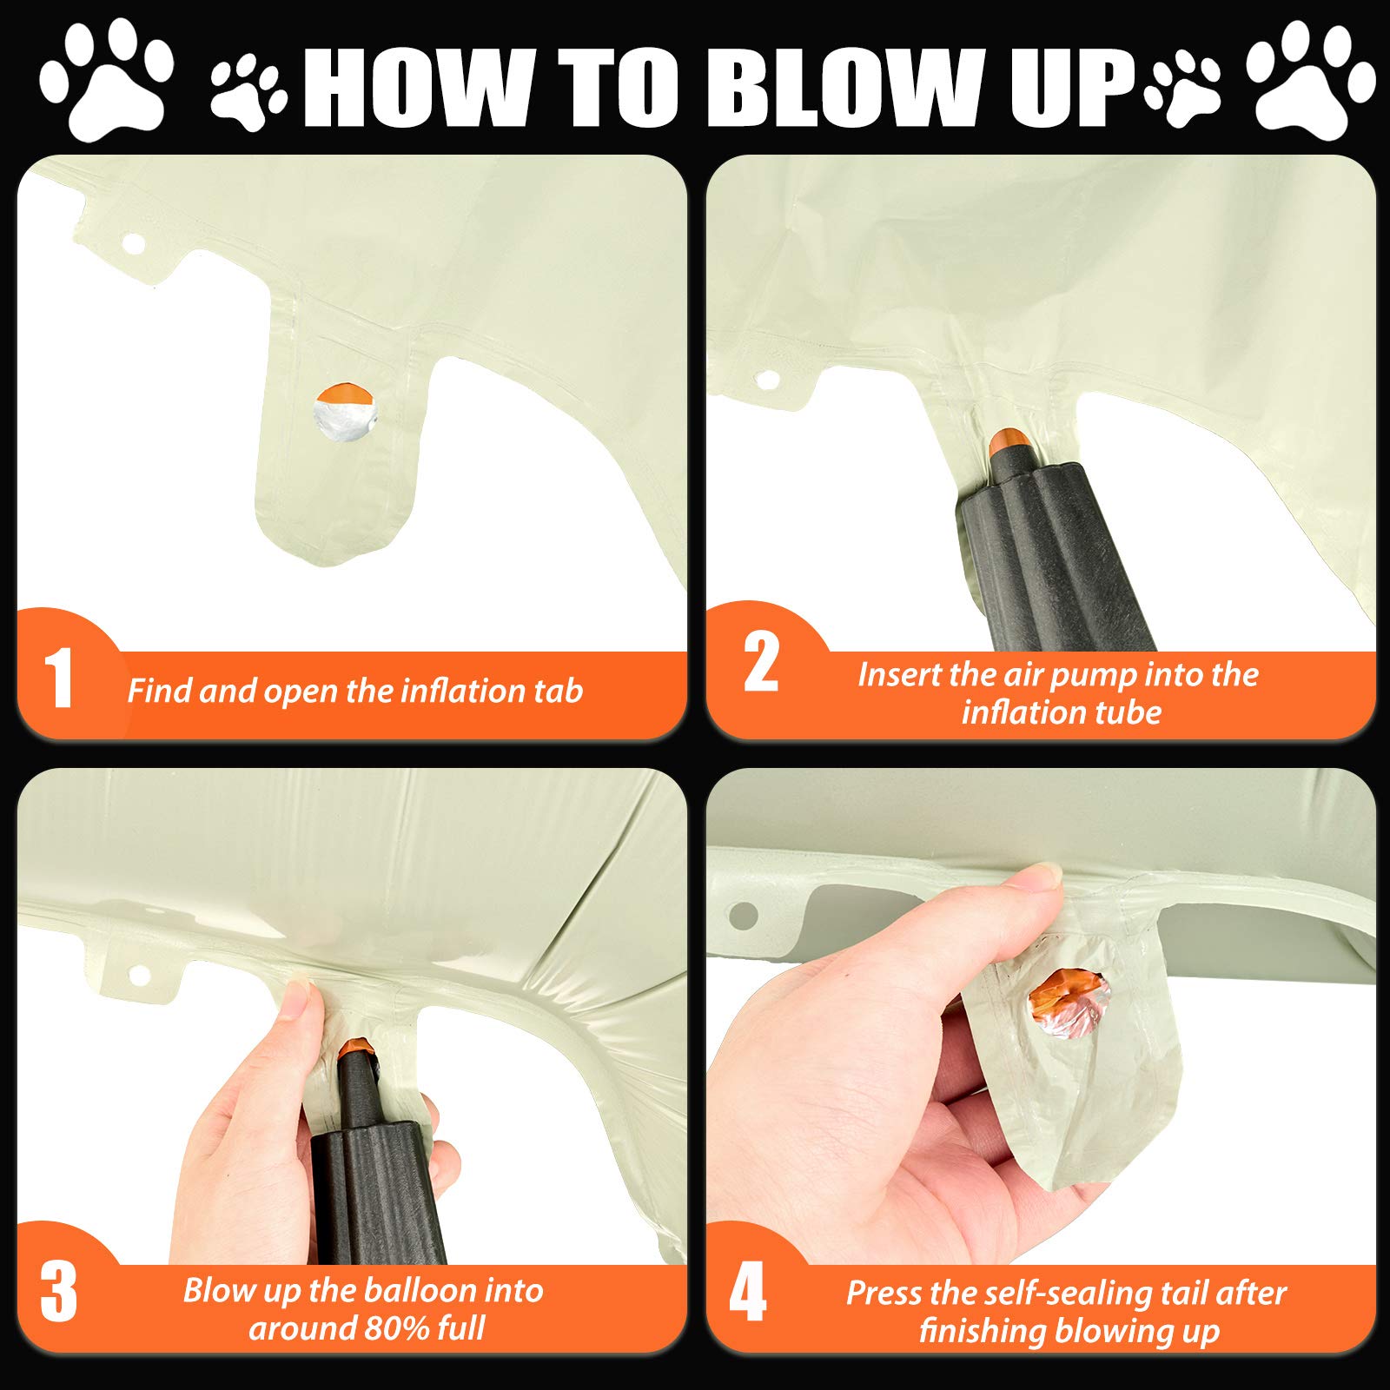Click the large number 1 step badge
tap(58, 678)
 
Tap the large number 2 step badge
tap(761, 663)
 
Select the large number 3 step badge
tap(58, 1292)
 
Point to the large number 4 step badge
tap(747, 1292)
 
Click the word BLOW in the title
tap(856, 88)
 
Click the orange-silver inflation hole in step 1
tap(346, 412)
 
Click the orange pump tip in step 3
tap(357, 1047)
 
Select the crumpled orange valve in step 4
tap(1069, 998)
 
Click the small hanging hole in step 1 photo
tap(134, 243)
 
